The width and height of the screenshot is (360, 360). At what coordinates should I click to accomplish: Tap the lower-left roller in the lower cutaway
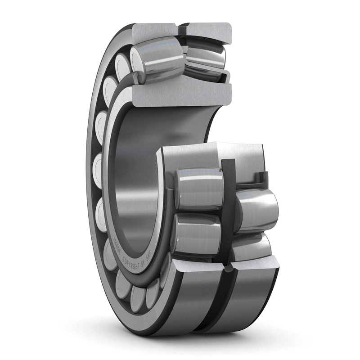click(x=196, y=234)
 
